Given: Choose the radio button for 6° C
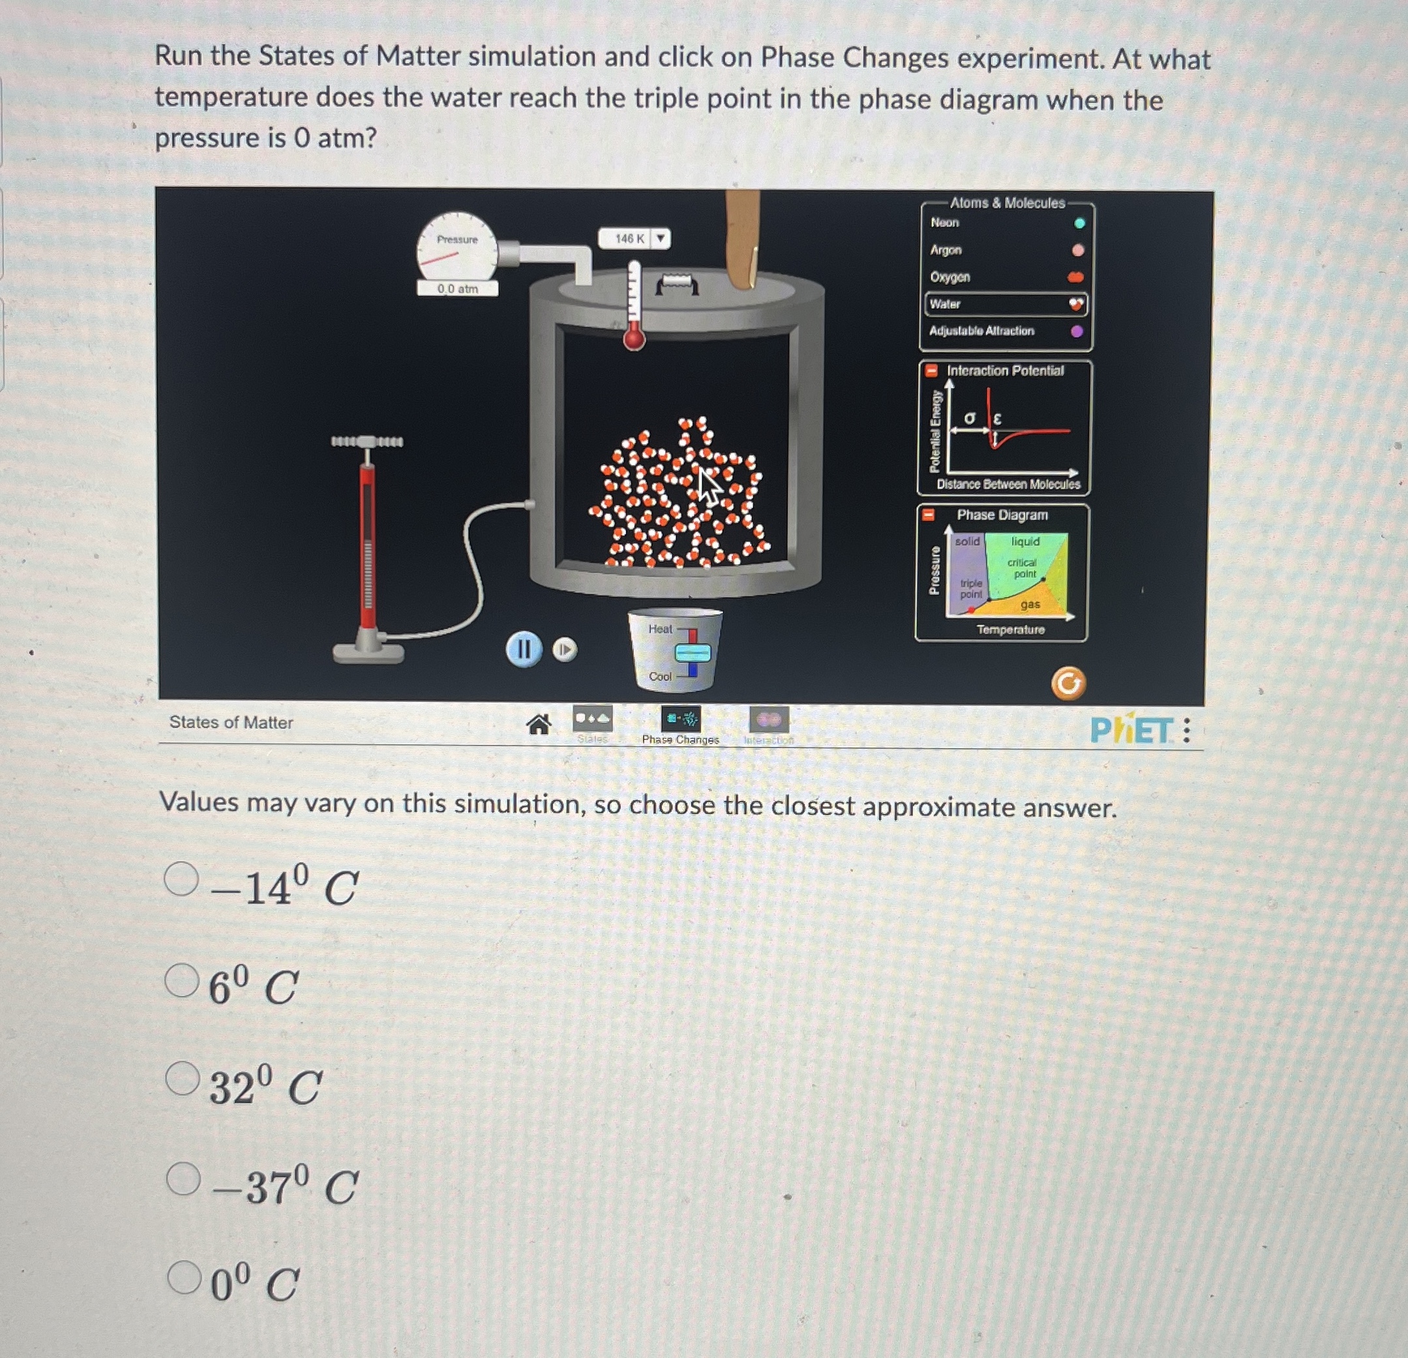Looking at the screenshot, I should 181,980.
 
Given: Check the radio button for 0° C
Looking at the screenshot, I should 184,1277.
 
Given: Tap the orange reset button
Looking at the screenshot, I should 1068,684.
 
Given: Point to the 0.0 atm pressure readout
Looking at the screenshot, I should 458,289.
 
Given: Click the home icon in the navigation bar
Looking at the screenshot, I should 539,725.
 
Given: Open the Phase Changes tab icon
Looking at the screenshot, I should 680,719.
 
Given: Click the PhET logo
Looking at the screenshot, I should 1131,731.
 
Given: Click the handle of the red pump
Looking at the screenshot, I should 367,441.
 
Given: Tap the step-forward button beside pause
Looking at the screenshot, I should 565,650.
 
